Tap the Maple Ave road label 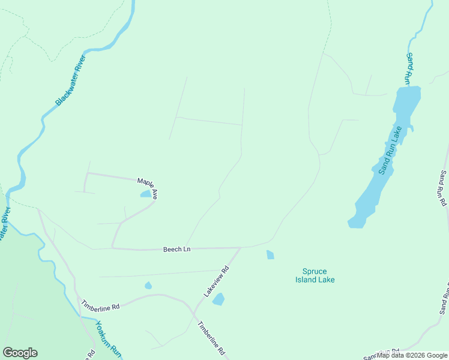pyautogui.click(x=147, y=187)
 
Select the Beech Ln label pyautogui.click(x=176, y=249)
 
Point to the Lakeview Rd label pyautogui.click(x=217, y=281)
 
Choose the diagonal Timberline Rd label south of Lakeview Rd pyautogui.click(x=211, y=337)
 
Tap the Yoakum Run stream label pyautogui.click(x=108, y=340)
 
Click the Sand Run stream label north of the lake pyautogui.click(x=408, y=67)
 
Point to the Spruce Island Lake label pyautogui.click(x=315, y=275)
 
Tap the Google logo pyautogui.click(x=20, y=353)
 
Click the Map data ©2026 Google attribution pyautogui.click(x=412, y=355)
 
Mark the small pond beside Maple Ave pyautogui.click(x=146, y=194)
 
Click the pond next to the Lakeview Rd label pyautogui.click(x=218, y=299)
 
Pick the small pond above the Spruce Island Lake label pyautogui.click(x=270, y=255)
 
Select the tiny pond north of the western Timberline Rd pyautogui.click(x=148, y=286)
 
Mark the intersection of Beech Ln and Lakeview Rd pyautogui.click(x=241, y=247)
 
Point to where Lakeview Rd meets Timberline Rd pyautogui.click(x=193, y=313)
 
